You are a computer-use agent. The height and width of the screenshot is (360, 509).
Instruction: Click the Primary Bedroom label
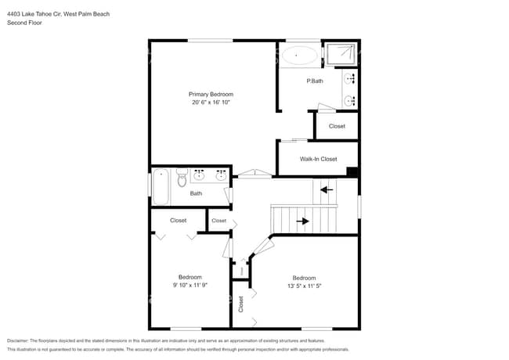(211, 94)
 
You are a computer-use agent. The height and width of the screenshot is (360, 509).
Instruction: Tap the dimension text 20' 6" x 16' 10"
(211, 103)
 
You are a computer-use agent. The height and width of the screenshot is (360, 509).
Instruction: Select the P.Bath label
(314, 81)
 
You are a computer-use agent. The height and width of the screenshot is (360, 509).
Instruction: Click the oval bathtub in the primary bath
(299, 56)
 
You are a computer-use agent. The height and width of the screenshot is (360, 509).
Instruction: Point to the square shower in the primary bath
(341, 54)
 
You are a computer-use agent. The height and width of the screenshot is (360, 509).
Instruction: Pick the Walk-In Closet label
(318, 159)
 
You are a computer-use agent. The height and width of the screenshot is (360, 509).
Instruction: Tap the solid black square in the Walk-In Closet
(352, 172)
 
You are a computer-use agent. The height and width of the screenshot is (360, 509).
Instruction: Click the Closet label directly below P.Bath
(337, 126)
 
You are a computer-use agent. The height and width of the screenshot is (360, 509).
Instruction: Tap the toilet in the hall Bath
(182, 178)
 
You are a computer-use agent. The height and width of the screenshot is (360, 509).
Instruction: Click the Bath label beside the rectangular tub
(196, 193)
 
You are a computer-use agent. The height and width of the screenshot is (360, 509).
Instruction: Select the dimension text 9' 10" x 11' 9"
(190, 286)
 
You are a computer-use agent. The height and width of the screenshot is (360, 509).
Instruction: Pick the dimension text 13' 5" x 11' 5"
(304, 286)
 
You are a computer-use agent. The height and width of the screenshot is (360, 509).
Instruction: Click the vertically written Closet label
(241, 304)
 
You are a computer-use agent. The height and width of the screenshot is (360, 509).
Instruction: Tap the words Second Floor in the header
(24, 23)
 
